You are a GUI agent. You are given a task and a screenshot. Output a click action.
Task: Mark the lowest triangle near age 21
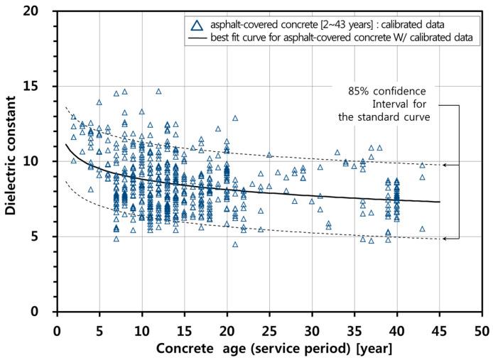tap(235, 244)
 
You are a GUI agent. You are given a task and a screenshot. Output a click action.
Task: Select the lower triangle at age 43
tap(422, 229)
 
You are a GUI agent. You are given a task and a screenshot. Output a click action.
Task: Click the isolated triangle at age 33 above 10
tap(337, 152)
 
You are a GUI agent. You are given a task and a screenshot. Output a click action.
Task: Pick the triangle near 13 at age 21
tap(235, 118)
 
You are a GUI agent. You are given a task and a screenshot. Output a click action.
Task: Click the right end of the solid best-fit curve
tap(440, 202)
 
